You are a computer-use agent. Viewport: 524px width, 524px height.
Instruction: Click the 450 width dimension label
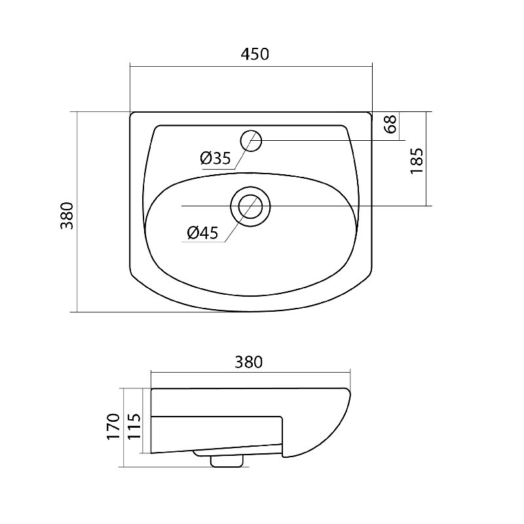coord(255,54)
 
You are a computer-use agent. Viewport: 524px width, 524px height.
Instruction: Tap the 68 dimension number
coord(390,124)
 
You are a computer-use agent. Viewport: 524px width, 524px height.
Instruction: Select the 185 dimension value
coord(417,161)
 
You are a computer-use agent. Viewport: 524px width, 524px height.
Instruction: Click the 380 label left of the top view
coord(67,215)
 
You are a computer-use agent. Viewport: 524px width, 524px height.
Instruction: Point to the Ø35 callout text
coord(215,158)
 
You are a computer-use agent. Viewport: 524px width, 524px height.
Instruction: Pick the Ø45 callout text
coord(202,233)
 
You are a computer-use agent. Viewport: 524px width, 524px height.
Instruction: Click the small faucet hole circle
coord(251,141)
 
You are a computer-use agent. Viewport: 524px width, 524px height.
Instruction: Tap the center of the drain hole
coord(251,206)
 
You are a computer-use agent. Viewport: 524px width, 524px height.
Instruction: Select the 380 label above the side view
coord(249,362)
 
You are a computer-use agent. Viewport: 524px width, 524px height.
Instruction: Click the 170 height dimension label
coord(113,426)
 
